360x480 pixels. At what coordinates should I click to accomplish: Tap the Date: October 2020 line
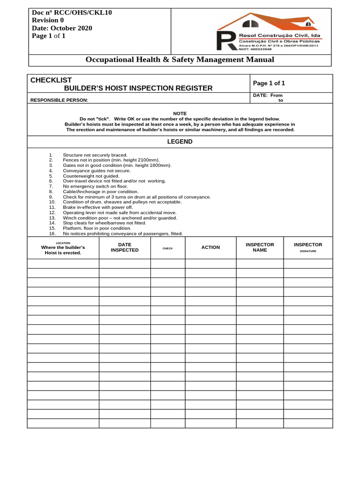coord(62,28)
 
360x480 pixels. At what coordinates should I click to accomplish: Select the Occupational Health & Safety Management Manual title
coord(180,60)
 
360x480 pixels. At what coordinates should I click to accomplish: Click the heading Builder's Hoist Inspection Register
coord(138,88)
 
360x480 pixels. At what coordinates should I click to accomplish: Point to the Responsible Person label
coord(59,100)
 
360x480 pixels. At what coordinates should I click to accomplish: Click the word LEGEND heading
coord(180,142)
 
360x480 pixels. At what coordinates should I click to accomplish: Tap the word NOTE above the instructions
coord(180,113)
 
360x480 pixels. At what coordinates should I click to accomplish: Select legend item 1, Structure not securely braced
coord(95,155)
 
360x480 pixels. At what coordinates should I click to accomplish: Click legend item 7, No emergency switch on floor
coord(95,186)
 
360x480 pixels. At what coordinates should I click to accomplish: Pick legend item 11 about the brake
coord(97,207)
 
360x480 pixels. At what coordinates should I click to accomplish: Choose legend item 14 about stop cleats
coord(104,223)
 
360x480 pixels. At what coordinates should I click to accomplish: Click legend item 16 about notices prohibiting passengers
coord(122,233)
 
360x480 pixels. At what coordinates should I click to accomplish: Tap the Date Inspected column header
coord(125,247)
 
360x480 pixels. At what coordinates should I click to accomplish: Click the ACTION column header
coord(210,247)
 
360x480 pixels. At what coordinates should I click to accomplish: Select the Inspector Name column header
coord(260,247)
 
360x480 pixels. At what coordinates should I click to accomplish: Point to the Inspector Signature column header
coord(308,247)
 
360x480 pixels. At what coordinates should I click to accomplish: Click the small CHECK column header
coord(168,248)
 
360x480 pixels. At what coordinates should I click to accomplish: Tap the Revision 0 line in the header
coord(48,20)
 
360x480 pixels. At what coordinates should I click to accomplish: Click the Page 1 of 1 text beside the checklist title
coord(269,83)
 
